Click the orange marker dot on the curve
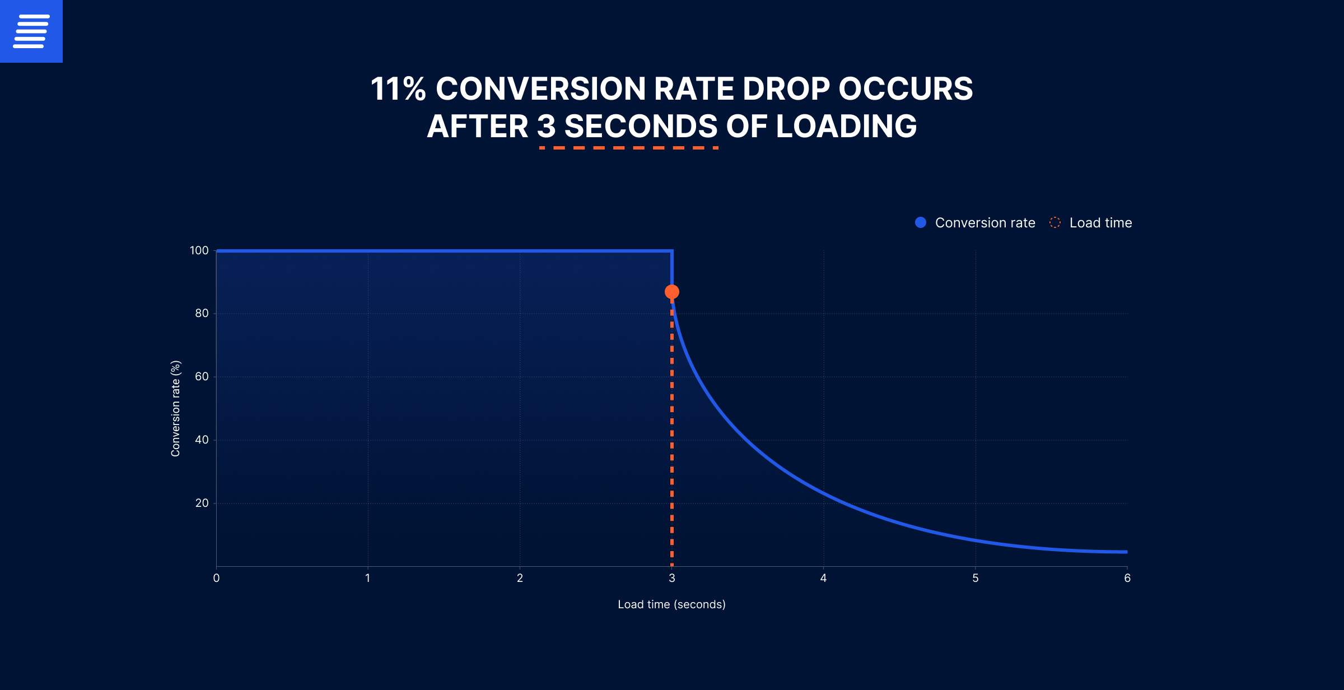671,292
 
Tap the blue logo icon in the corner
31,31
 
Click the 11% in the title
398,89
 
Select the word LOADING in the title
846,127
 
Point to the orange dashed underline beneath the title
628,148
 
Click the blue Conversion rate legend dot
920,222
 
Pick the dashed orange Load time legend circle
1054,222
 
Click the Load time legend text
1100,223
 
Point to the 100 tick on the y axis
199,250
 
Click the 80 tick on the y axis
202,313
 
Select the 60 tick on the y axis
202,376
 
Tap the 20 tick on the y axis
202,503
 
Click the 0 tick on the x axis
216,578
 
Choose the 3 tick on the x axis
671,578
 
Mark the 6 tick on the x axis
1127,578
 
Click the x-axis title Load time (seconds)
671,604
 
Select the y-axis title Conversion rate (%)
175,408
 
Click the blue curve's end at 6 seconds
1126,552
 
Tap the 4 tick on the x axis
823,578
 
